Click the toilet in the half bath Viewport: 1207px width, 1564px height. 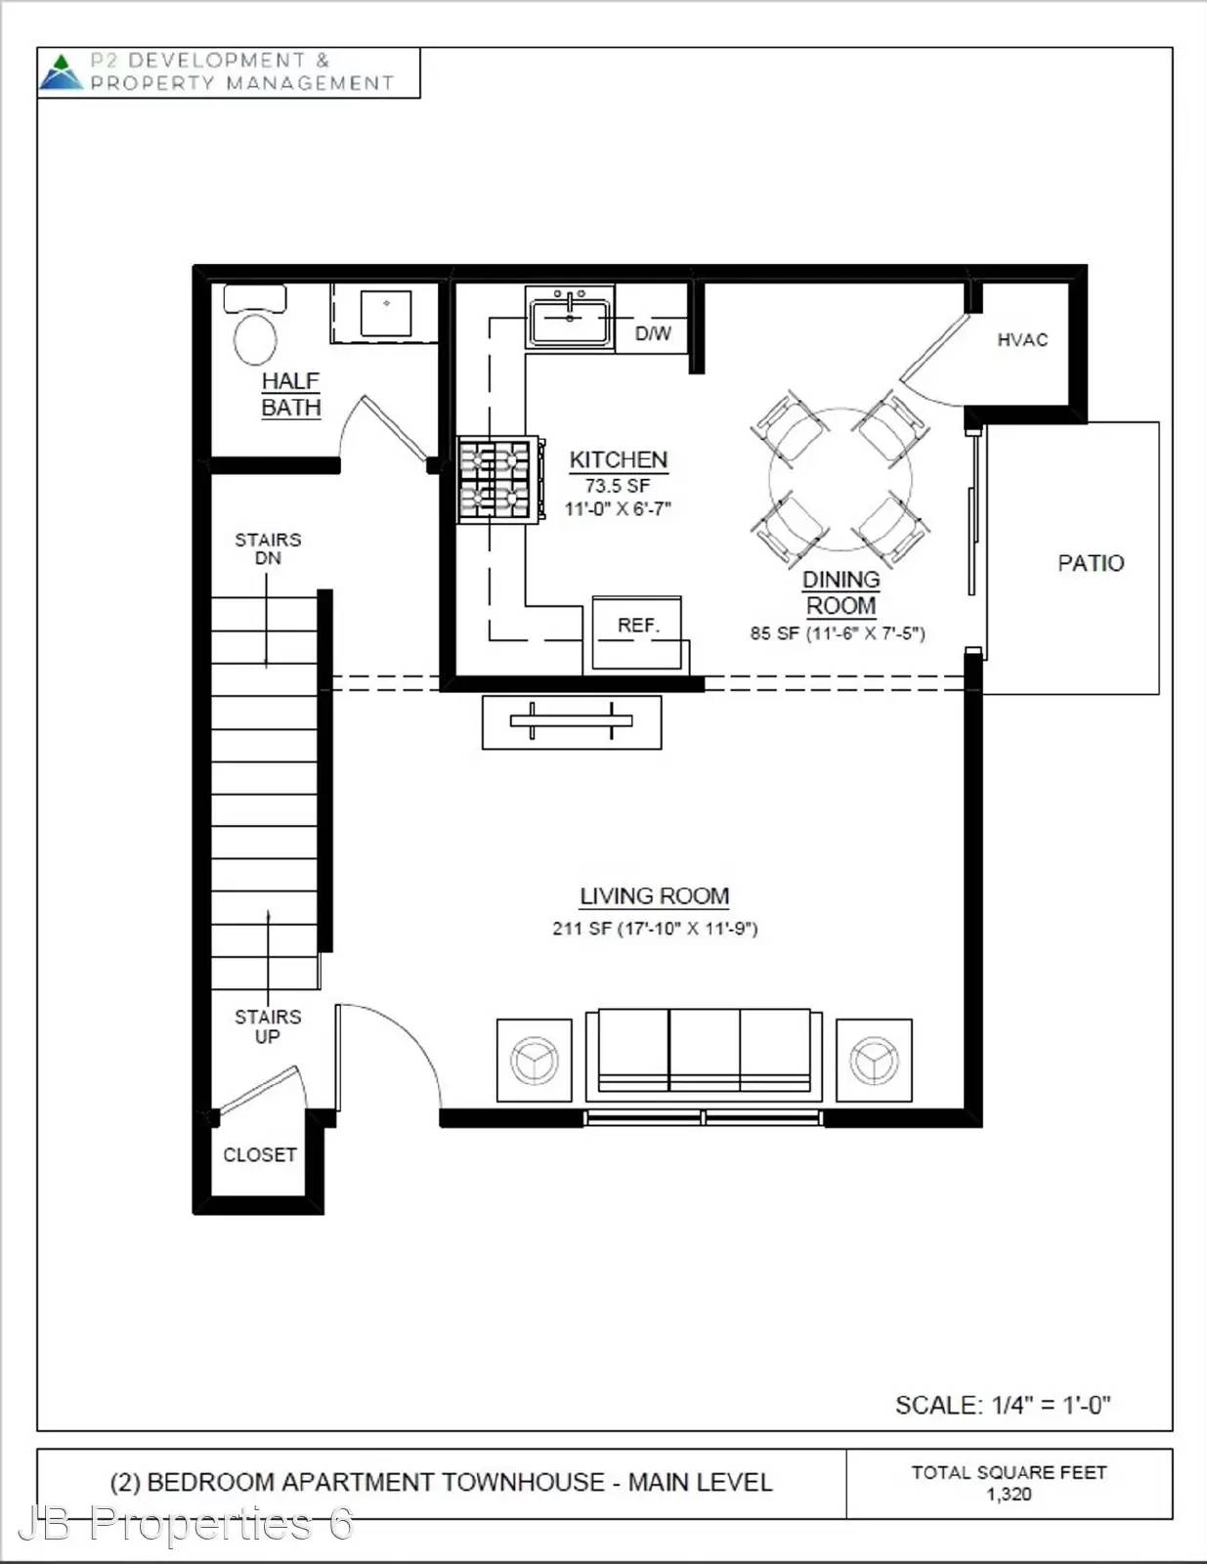tap(255, 325)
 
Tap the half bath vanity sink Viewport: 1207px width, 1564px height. tap(385, 313)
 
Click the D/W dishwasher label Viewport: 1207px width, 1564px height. tap(653, 333)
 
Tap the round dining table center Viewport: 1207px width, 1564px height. tap(841, 478)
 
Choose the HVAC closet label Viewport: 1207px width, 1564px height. tap(1022, 340)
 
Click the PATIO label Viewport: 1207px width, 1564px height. tap(1091, 563)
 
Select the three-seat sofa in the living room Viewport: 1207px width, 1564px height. tap(705, 1055)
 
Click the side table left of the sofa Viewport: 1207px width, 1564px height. tap(534, 1061)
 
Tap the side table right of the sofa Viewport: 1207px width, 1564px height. tap(874, 1061)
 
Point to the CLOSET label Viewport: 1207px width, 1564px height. tap(260, 1155)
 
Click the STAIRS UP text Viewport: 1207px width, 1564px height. tap(268, 1026)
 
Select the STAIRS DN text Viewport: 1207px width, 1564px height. tap(268, 548)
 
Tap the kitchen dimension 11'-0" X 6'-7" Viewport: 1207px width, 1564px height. tap(618, 509)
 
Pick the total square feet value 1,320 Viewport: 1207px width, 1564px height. tap(1009, 1495)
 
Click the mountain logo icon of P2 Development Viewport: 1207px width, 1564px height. tap(62, 72)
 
